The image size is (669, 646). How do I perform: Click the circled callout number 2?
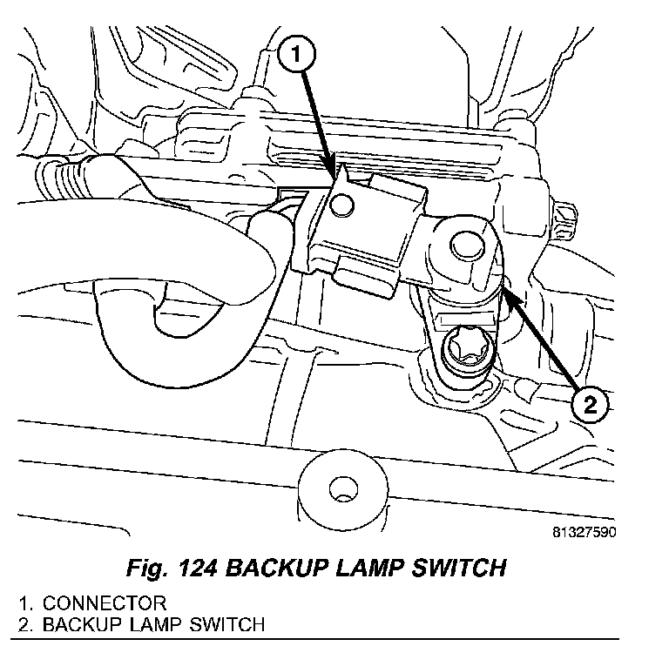tap(589, 405)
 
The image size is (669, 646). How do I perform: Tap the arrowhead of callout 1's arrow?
tap(334, 173)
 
